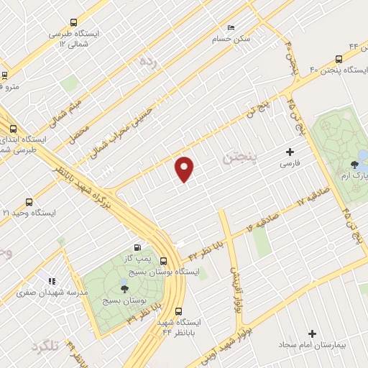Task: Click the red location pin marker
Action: (x=185, y=168)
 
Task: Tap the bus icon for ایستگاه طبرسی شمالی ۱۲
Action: (x=75, y=22)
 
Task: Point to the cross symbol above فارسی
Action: (x=290, y=152)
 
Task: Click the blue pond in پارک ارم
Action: (x=364, y=155)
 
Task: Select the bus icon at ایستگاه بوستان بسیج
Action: (x=164, y=261)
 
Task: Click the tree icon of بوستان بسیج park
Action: (x=124, y=289)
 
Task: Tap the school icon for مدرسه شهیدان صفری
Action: (x=51, y=281)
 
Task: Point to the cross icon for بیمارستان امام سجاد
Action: (x=312, y=333)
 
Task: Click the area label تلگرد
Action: (x=45, y=346)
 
